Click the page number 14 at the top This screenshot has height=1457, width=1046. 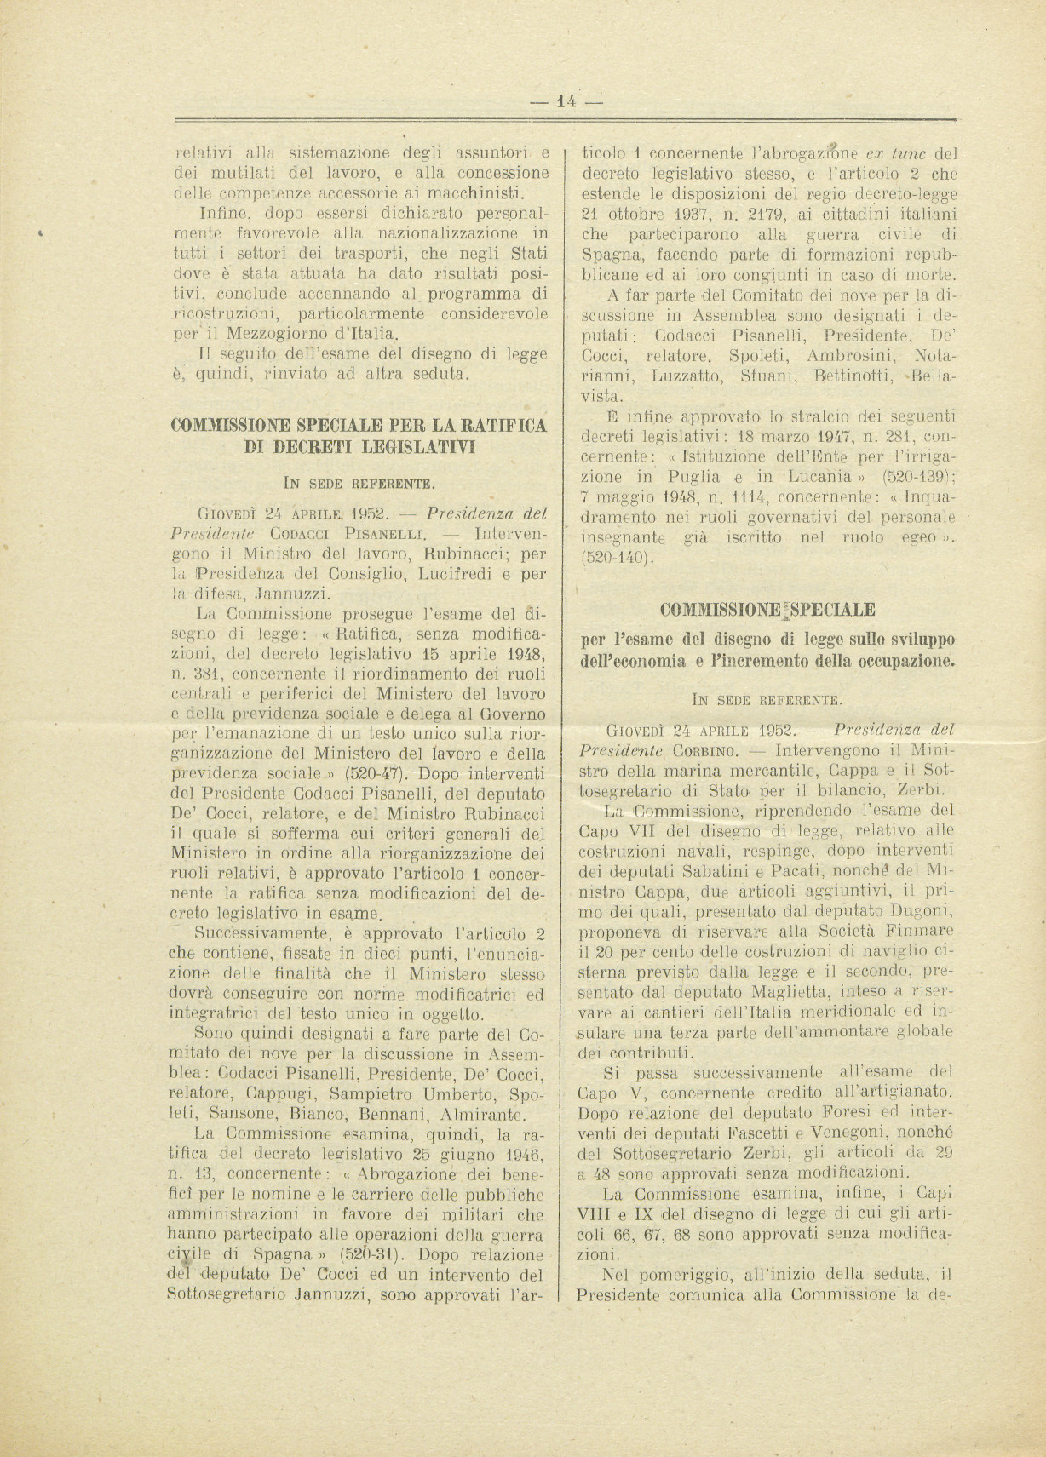click(566, 100)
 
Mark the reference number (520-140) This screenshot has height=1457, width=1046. click(618, 559)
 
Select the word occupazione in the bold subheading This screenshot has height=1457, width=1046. click(905, 659)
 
